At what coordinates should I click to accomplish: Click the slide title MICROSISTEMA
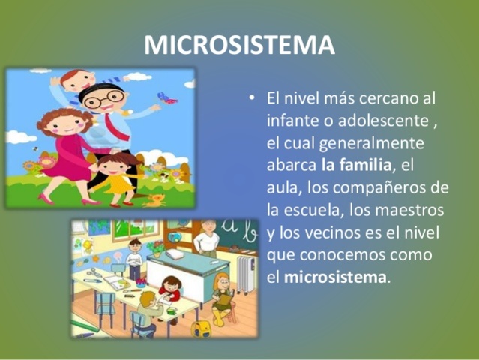click(x=239, y=46)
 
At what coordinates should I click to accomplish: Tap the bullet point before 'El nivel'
click(x=253, y=99)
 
